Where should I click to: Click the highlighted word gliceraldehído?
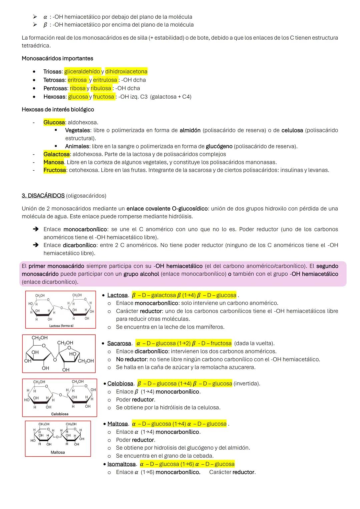click(82, 72)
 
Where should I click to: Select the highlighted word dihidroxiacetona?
click(126, 72)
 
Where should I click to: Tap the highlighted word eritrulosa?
click(105, 80)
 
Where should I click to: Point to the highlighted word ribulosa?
click(101, 88)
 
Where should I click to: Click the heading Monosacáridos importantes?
click(57, 58)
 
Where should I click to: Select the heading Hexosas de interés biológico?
click(58, 109)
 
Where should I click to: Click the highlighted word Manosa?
click(54, 162)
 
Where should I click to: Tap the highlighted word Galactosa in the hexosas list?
click(56, 154)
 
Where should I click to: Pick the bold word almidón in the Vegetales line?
click(190, 130)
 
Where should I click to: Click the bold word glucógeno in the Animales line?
click(219, 146)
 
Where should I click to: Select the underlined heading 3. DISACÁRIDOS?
click(43, 196)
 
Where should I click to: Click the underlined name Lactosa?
click(117, 295)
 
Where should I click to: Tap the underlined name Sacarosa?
click(119, 343)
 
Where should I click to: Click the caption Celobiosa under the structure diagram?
click(60, 414)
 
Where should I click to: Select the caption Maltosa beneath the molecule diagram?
click(58, 452)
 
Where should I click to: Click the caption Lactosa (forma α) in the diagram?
click(61, 326)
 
